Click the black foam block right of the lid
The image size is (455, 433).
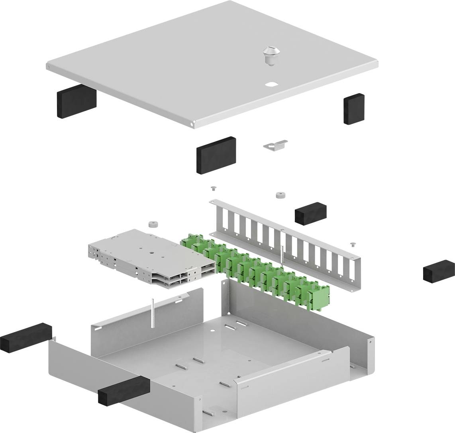(354, 109)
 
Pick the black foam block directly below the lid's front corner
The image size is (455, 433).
(216, 155)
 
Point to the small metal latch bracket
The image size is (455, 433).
(275, 145)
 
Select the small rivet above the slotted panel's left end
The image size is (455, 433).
(213, 188)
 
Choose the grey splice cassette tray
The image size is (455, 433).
(151, 259)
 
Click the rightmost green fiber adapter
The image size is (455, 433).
(320, 295)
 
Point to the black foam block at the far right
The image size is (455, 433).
(439, 272)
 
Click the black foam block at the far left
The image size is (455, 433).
(26, 337)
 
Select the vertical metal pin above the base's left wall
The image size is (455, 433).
(153, 313)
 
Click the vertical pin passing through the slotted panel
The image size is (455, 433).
(282, 255)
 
